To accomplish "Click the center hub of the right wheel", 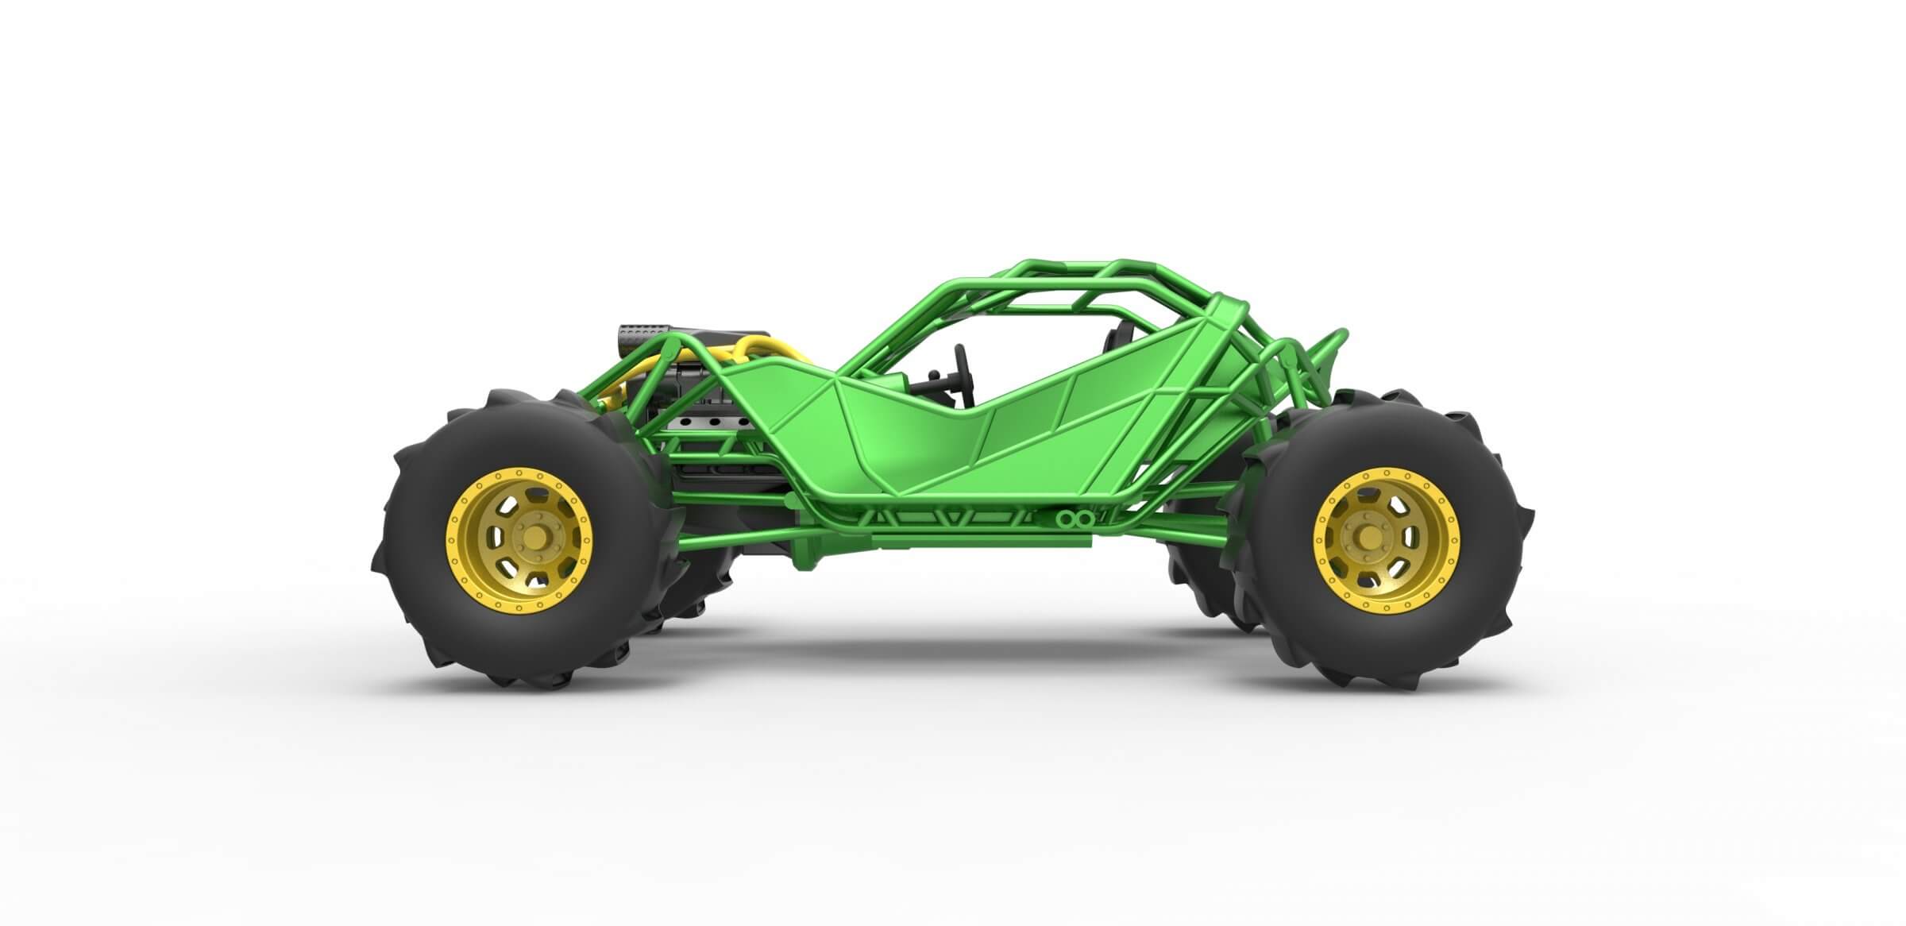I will point(1369,538).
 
